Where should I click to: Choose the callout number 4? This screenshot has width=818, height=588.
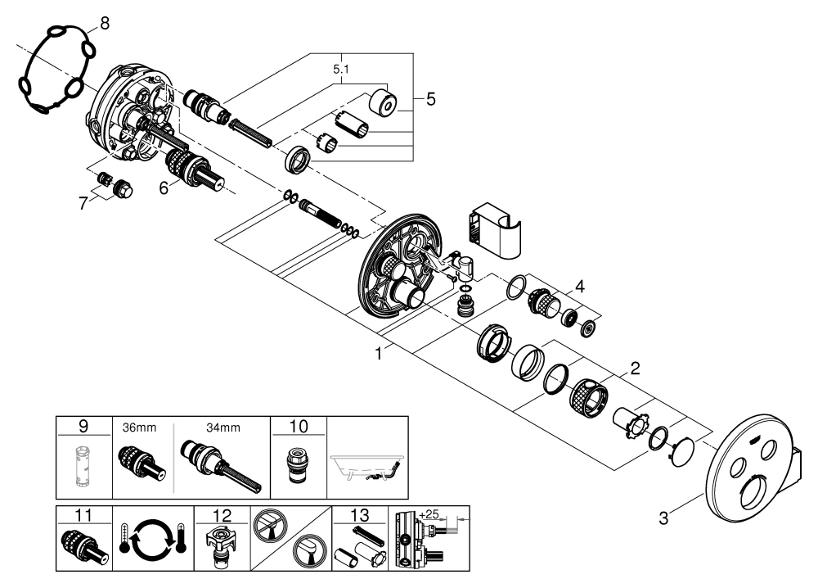point(578,287)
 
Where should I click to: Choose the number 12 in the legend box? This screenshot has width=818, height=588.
point(223,515)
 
